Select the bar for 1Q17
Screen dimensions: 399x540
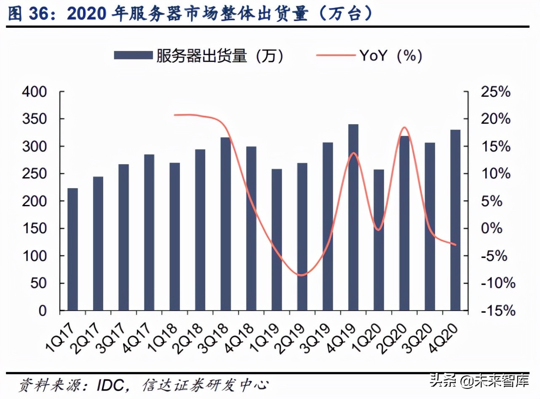tap(72, 249)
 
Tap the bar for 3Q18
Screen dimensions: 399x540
tap(226, 224)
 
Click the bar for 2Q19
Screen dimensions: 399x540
tap(302, 237)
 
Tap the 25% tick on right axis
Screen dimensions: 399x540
tap(495, 92)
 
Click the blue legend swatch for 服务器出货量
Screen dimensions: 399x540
tap(133, 56)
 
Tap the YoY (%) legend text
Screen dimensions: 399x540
tap(390, 56)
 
